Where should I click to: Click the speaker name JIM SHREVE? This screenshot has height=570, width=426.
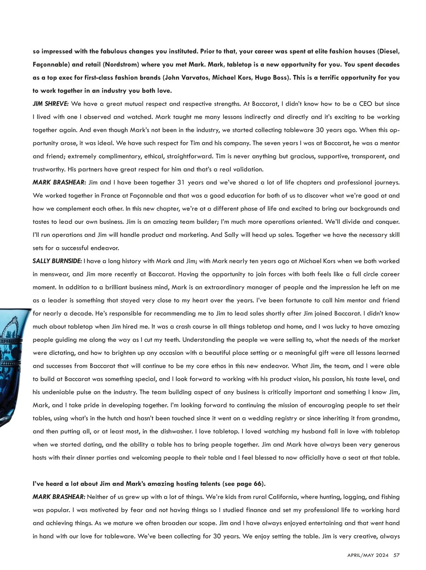click(50, 104)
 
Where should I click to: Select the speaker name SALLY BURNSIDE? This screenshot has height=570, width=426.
click(57, 261)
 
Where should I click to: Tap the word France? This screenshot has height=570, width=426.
click(110, 196)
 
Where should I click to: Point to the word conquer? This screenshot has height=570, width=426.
click(387, 222)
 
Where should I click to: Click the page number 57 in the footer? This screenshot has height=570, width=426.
click(397, 555)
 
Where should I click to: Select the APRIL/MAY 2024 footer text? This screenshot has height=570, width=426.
click(368, 555)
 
